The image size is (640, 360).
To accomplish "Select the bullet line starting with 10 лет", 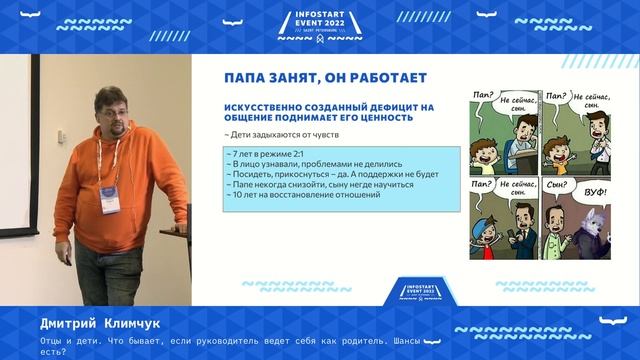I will [x=304, y=193].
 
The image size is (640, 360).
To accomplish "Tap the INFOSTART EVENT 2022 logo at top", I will [x=320, y=25].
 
